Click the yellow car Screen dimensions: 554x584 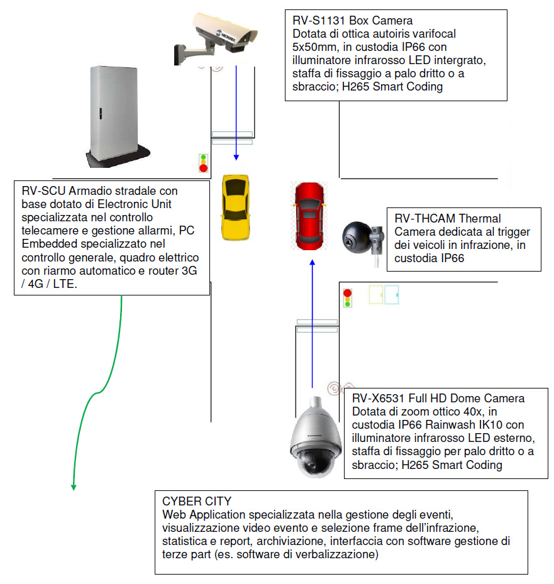pyautogui.click(x=235, y=207)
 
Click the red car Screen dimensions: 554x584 pyautogui.click(x=309, y=216)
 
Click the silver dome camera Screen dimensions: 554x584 pyautogui.click(x=316, y=438)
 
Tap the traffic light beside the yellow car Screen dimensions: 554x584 pyautogui.click(x=203, y=163)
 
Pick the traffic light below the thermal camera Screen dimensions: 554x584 pyautogui.click(x=348, y=298)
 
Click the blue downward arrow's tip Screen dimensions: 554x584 pyautogui.click(x=236, y=160)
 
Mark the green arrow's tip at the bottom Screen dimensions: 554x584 pyautogui.click(x=74, y=490)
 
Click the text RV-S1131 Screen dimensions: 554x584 pyautogui.click(x=319, y=21)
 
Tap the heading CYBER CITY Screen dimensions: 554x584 pyautogui.click(x=197, y=501)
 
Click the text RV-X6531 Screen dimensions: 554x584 pyautogui.click(x=378, y=398)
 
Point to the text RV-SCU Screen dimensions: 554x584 pyautogui.click(x=43, y=190)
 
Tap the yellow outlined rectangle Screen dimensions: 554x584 pyautogui.click(x=376, y=295)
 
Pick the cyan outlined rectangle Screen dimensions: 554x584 pyautogui.click(x=392, y=295)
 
